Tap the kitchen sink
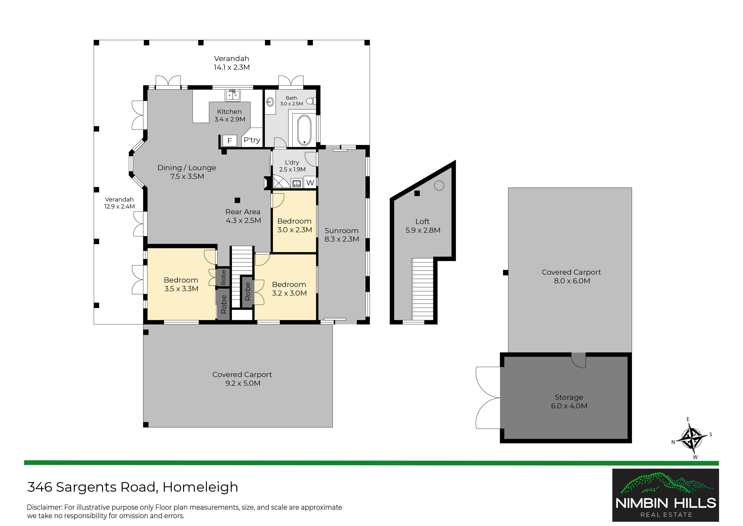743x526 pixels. (x=232, y=95)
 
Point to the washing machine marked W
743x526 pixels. (x=310, y=183)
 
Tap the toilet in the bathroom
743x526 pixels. (x=311, y=101)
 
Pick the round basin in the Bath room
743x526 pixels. (x=270, y=102)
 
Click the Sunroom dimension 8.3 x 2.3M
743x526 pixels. (x=342, y=239)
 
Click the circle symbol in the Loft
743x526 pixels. (x=439, y=185)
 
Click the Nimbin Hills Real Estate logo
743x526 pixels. (x=665, y=495)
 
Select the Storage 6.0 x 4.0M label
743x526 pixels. (x=569, y=401)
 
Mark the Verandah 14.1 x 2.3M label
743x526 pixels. (x=232, y=63)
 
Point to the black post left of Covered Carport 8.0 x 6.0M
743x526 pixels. (x=506, y=273)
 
